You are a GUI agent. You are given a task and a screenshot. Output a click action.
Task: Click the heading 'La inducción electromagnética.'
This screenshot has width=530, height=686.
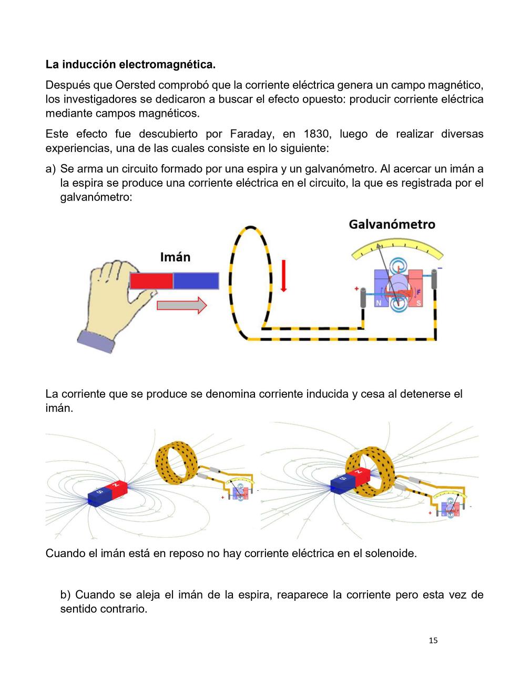tap(130, 65)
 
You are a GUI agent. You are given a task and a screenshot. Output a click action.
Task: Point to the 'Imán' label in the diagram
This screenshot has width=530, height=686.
tap(175, 257)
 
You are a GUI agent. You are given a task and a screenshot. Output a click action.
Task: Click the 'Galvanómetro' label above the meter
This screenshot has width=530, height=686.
tap(392, 225)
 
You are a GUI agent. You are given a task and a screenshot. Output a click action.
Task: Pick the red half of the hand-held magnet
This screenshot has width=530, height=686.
tap(151, 280)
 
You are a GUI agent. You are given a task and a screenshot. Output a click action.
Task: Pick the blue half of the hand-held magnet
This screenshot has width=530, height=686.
tap(196, 280)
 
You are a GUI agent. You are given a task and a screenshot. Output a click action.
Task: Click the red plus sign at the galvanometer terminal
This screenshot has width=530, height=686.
tap(356, 289)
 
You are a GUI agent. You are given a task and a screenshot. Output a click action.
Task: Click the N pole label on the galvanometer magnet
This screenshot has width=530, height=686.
tap(379, 303)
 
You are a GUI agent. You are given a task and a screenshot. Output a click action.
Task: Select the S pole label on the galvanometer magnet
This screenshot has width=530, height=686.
tap(419, 303)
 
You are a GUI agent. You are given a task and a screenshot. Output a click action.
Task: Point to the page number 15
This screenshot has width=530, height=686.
tap(433, 640)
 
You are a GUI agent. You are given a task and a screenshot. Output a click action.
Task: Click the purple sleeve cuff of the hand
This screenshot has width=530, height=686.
tap(96, 341)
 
